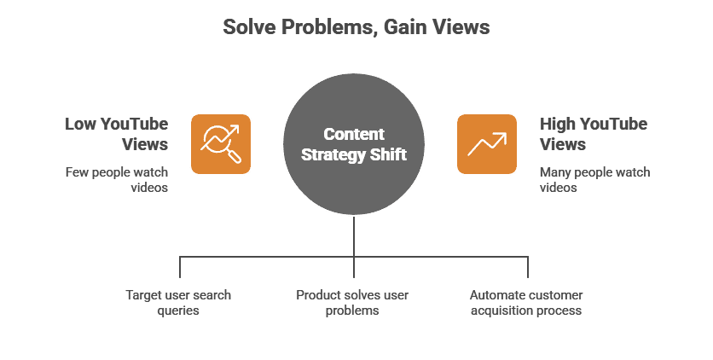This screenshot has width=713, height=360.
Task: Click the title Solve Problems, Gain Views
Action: click(356, 28)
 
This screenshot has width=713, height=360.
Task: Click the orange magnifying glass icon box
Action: click(220, 143)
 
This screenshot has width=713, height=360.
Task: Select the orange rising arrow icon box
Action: click(487, 143)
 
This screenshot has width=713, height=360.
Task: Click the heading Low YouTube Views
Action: click(118, 134)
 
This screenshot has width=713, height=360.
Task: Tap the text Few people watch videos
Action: click(118, 179)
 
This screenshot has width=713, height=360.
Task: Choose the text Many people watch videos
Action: click(594, 179)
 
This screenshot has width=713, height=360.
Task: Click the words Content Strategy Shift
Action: click(354, 145)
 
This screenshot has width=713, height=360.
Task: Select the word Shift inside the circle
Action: click(390, 156)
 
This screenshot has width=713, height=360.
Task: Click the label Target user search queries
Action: click(178, 303)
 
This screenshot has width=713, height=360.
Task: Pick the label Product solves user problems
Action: click(353, 303)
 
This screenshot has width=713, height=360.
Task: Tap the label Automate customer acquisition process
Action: click(526, 303)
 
